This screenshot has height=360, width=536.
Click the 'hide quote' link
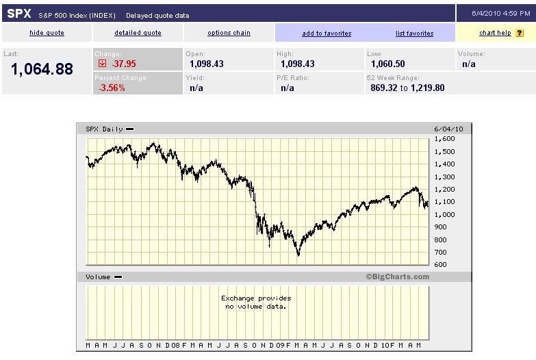pos(47,33)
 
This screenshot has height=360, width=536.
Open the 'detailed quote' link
pos(138,33)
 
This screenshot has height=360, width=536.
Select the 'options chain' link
pos(229,33)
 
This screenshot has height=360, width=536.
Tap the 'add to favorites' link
pos(327,33)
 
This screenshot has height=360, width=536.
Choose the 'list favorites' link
pos(414,33)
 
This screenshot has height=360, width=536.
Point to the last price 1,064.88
pos(42,69)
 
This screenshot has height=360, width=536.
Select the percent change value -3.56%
pos(112,88)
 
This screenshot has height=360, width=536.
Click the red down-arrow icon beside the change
pos(103,64)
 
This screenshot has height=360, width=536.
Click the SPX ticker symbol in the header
pos(19,14)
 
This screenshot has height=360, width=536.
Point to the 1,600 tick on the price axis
pos(445,138)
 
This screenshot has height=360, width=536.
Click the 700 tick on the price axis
pos(442,253)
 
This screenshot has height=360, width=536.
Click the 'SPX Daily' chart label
pos(105,129)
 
